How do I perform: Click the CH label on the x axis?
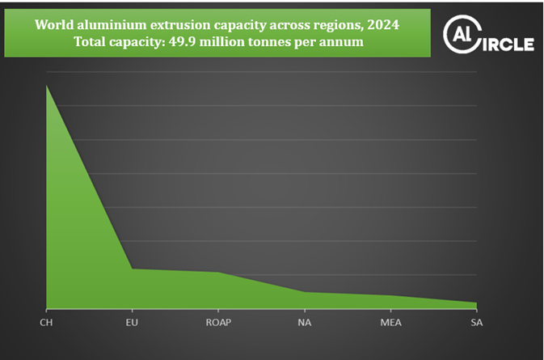tap(46, 323)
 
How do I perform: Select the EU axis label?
tap(133, 323)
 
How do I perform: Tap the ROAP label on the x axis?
tap(218, 323)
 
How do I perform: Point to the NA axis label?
tap(305, 323)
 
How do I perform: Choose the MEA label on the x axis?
tap(390, 323)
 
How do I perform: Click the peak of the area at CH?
tap(47, 85)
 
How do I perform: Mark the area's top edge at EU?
tap(133, 269)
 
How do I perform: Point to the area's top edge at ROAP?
tap(218, 272)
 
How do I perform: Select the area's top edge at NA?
tap(305, 292)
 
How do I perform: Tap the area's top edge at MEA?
tap(390, 295)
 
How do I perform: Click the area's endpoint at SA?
tap(476, 303)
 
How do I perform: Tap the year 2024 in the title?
tap(382, 24)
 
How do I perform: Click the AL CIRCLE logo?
tap(488, 36)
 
